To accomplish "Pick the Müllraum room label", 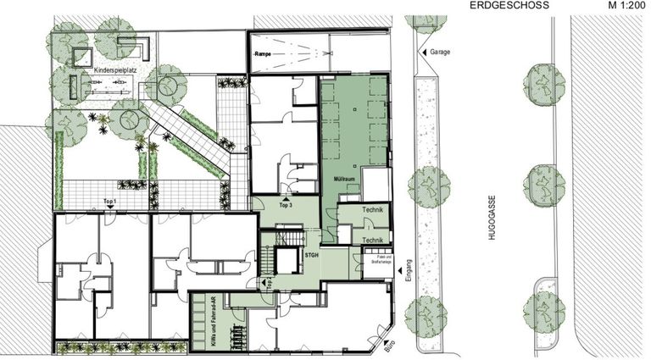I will click(x=338, y=181).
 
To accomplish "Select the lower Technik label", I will click(x=373, y=241).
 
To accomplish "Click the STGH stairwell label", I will click(x=312, y=253).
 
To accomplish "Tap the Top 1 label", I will click(x=108, y=201).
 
